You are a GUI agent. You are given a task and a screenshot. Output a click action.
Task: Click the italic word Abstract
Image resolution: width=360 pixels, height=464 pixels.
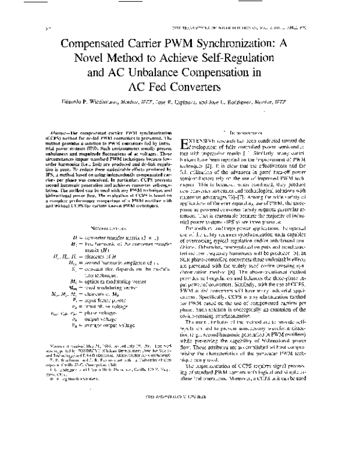pos(62,130)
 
